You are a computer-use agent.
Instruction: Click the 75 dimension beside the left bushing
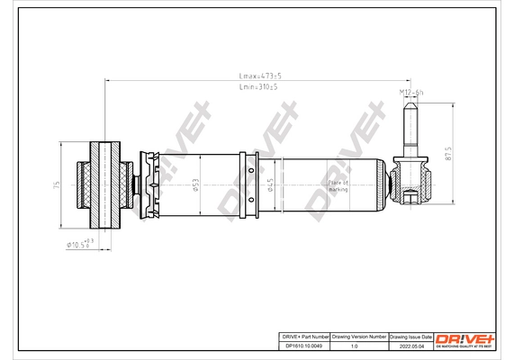coord(57,184)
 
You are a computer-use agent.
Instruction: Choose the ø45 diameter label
coord(269,184)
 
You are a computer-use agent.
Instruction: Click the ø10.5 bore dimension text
coord(78,244)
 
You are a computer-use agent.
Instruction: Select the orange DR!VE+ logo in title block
coord(464,338)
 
